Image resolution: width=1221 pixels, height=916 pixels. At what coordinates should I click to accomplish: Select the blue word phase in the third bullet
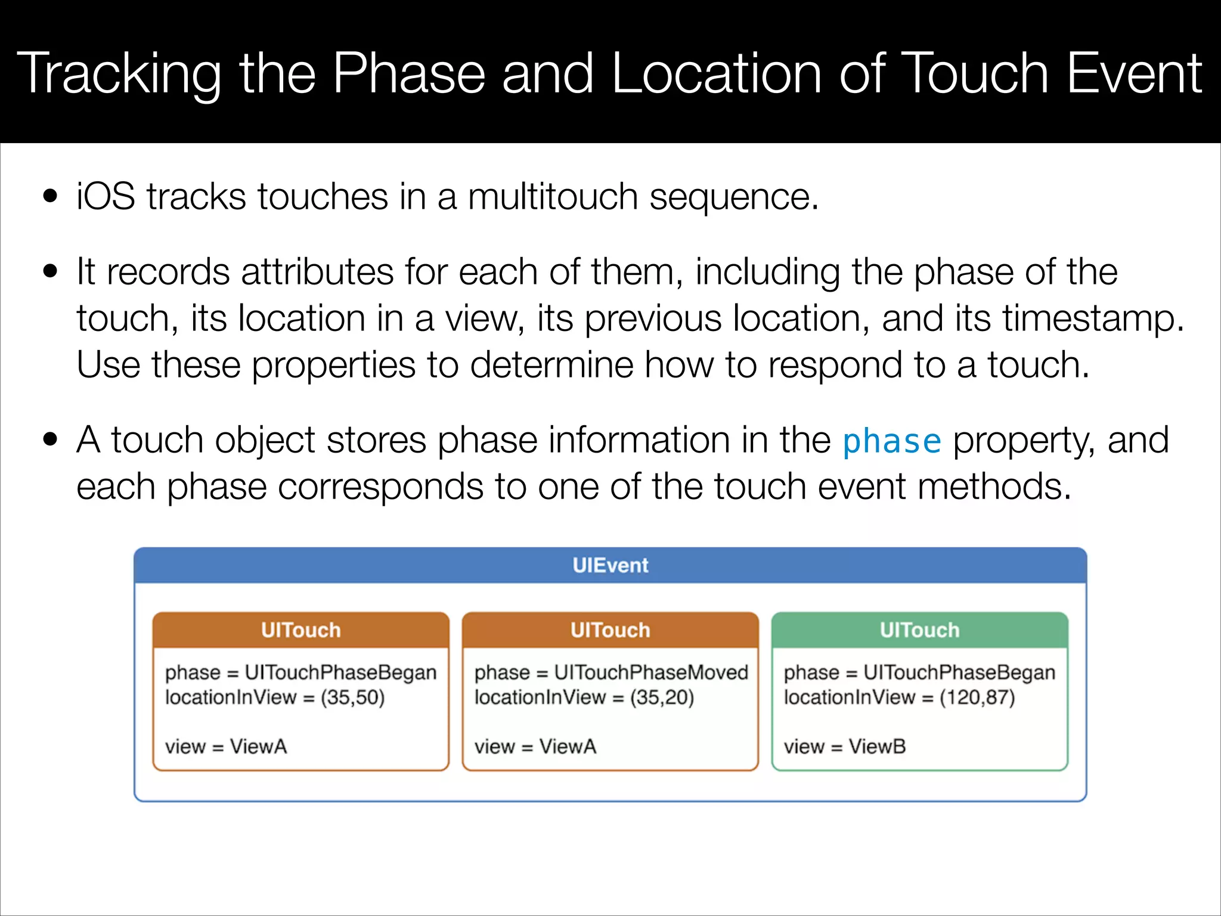click(891, 441)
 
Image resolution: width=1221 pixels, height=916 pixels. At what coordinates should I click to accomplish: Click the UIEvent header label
click(610, 565)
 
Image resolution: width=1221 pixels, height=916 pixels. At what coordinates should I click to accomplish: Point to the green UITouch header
click(919, 630)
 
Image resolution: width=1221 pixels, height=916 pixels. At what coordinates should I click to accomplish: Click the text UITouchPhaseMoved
click(650, 672)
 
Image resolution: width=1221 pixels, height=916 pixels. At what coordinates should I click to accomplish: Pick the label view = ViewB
click(844, 746)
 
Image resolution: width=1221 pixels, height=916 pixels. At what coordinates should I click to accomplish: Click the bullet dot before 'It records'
click(51, 272)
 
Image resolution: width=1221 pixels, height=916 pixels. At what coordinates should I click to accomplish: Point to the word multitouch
click(552, 197)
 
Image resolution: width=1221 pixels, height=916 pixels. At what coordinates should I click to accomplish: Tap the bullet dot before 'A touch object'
click(51, 440)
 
